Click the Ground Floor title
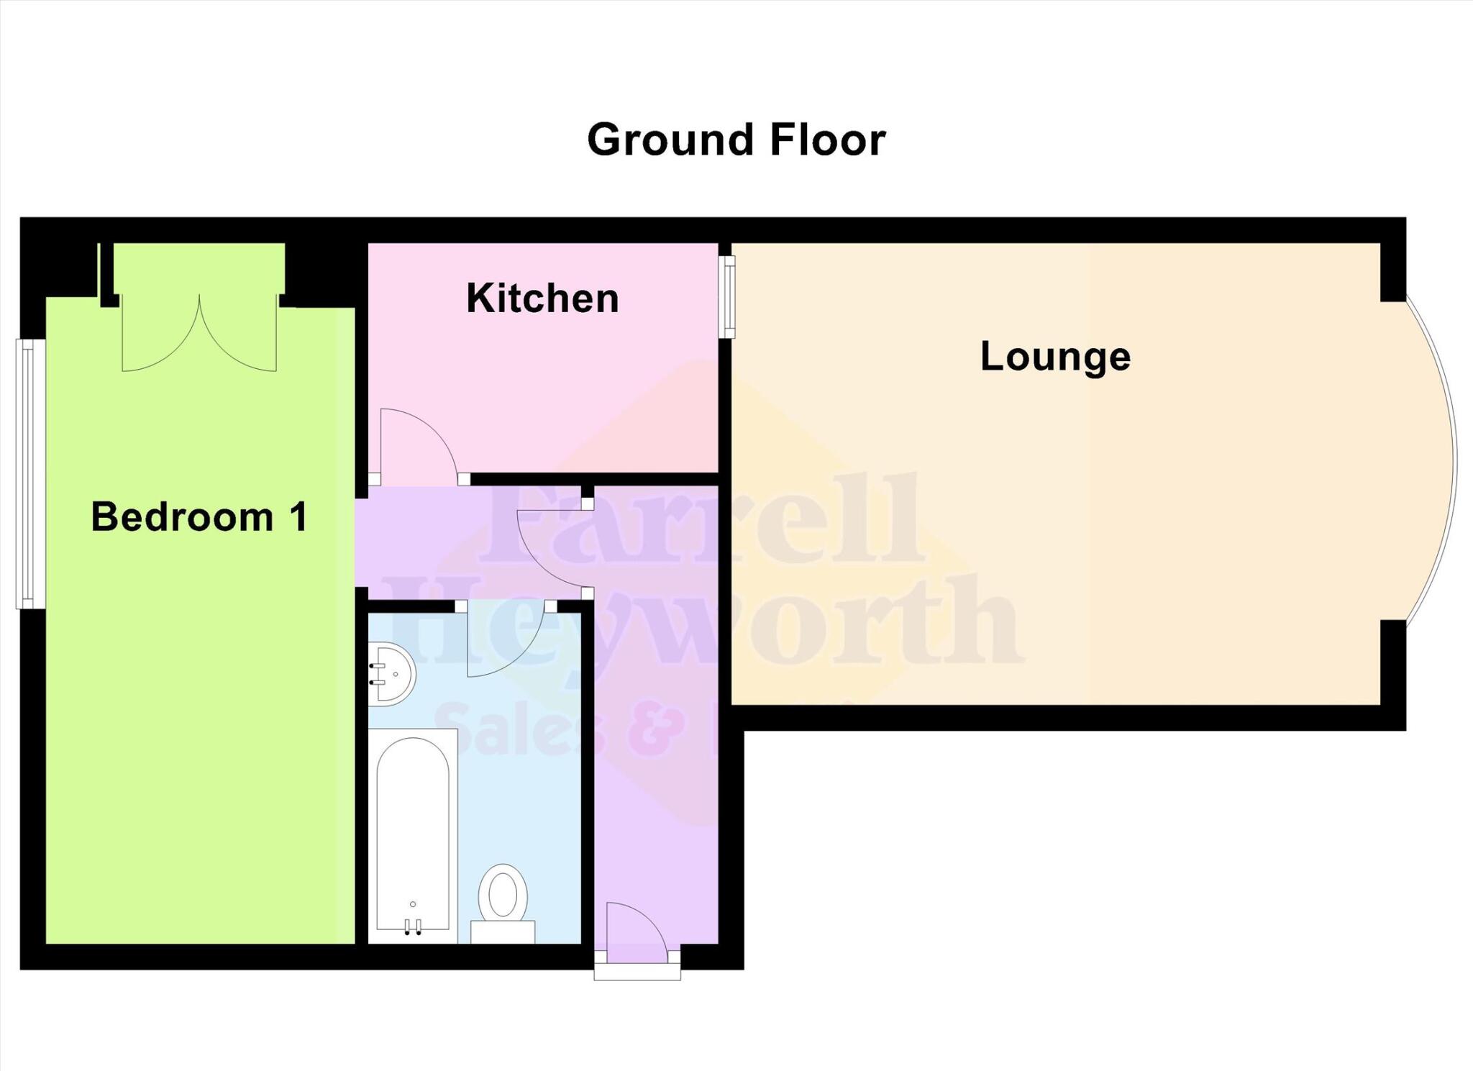736,140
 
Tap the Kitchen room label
542,298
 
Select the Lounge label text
1055,356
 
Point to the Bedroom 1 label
199,516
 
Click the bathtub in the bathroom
413,834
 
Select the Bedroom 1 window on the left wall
26,474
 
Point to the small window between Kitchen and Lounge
729,296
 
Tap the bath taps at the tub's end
413,927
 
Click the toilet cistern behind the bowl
503,931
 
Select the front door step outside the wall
637,972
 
